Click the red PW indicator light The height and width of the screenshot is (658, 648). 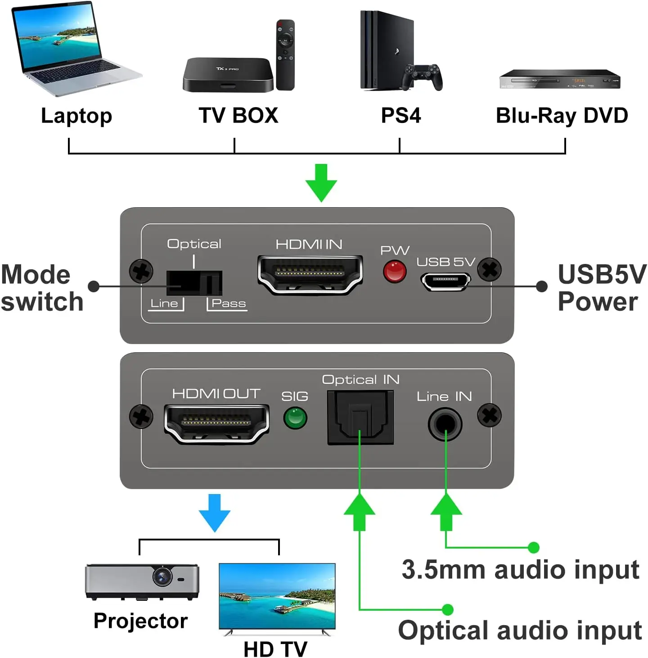click(395, 272)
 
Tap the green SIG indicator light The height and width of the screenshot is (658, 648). click(295, 418)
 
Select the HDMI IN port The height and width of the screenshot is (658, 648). click(310, 274)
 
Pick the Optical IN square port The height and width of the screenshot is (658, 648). click(360, 417)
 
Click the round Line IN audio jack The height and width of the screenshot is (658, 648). click(445, 424)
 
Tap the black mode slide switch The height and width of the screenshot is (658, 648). click(194, 283)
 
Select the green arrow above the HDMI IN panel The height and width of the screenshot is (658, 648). click(321, 182)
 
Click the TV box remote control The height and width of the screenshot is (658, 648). click(285, 54)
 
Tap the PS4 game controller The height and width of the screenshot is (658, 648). click(422, 77)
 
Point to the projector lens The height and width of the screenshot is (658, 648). click(162, 576)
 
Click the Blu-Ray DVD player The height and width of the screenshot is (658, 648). click(560, 79)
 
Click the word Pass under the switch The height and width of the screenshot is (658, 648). click(229, 304)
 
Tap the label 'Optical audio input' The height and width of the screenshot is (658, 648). click(520, 630)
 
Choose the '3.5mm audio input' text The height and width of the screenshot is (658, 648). click(520, 570)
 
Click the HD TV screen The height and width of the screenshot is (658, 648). click(277, 595)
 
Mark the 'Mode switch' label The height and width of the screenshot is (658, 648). click(41, 288)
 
